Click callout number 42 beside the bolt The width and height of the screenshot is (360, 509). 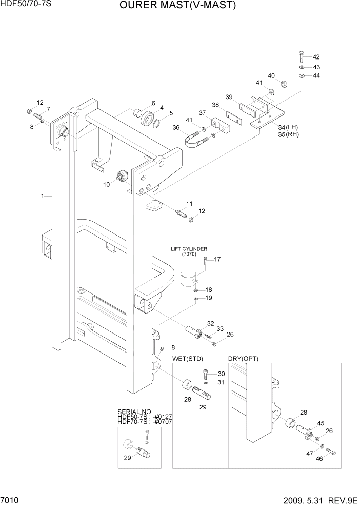point(316,57)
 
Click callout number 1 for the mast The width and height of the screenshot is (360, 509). point(42,195)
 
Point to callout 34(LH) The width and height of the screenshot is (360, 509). point(288,127)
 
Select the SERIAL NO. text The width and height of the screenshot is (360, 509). point(135,412)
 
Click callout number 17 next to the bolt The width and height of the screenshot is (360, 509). point(217,259)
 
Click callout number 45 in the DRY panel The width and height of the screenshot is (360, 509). point(321,423)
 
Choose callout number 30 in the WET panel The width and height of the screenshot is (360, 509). point(221,374)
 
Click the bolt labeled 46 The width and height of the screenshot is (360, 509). point(330,452)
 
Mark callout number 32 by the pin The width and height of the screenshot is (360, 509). point(210,323)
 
